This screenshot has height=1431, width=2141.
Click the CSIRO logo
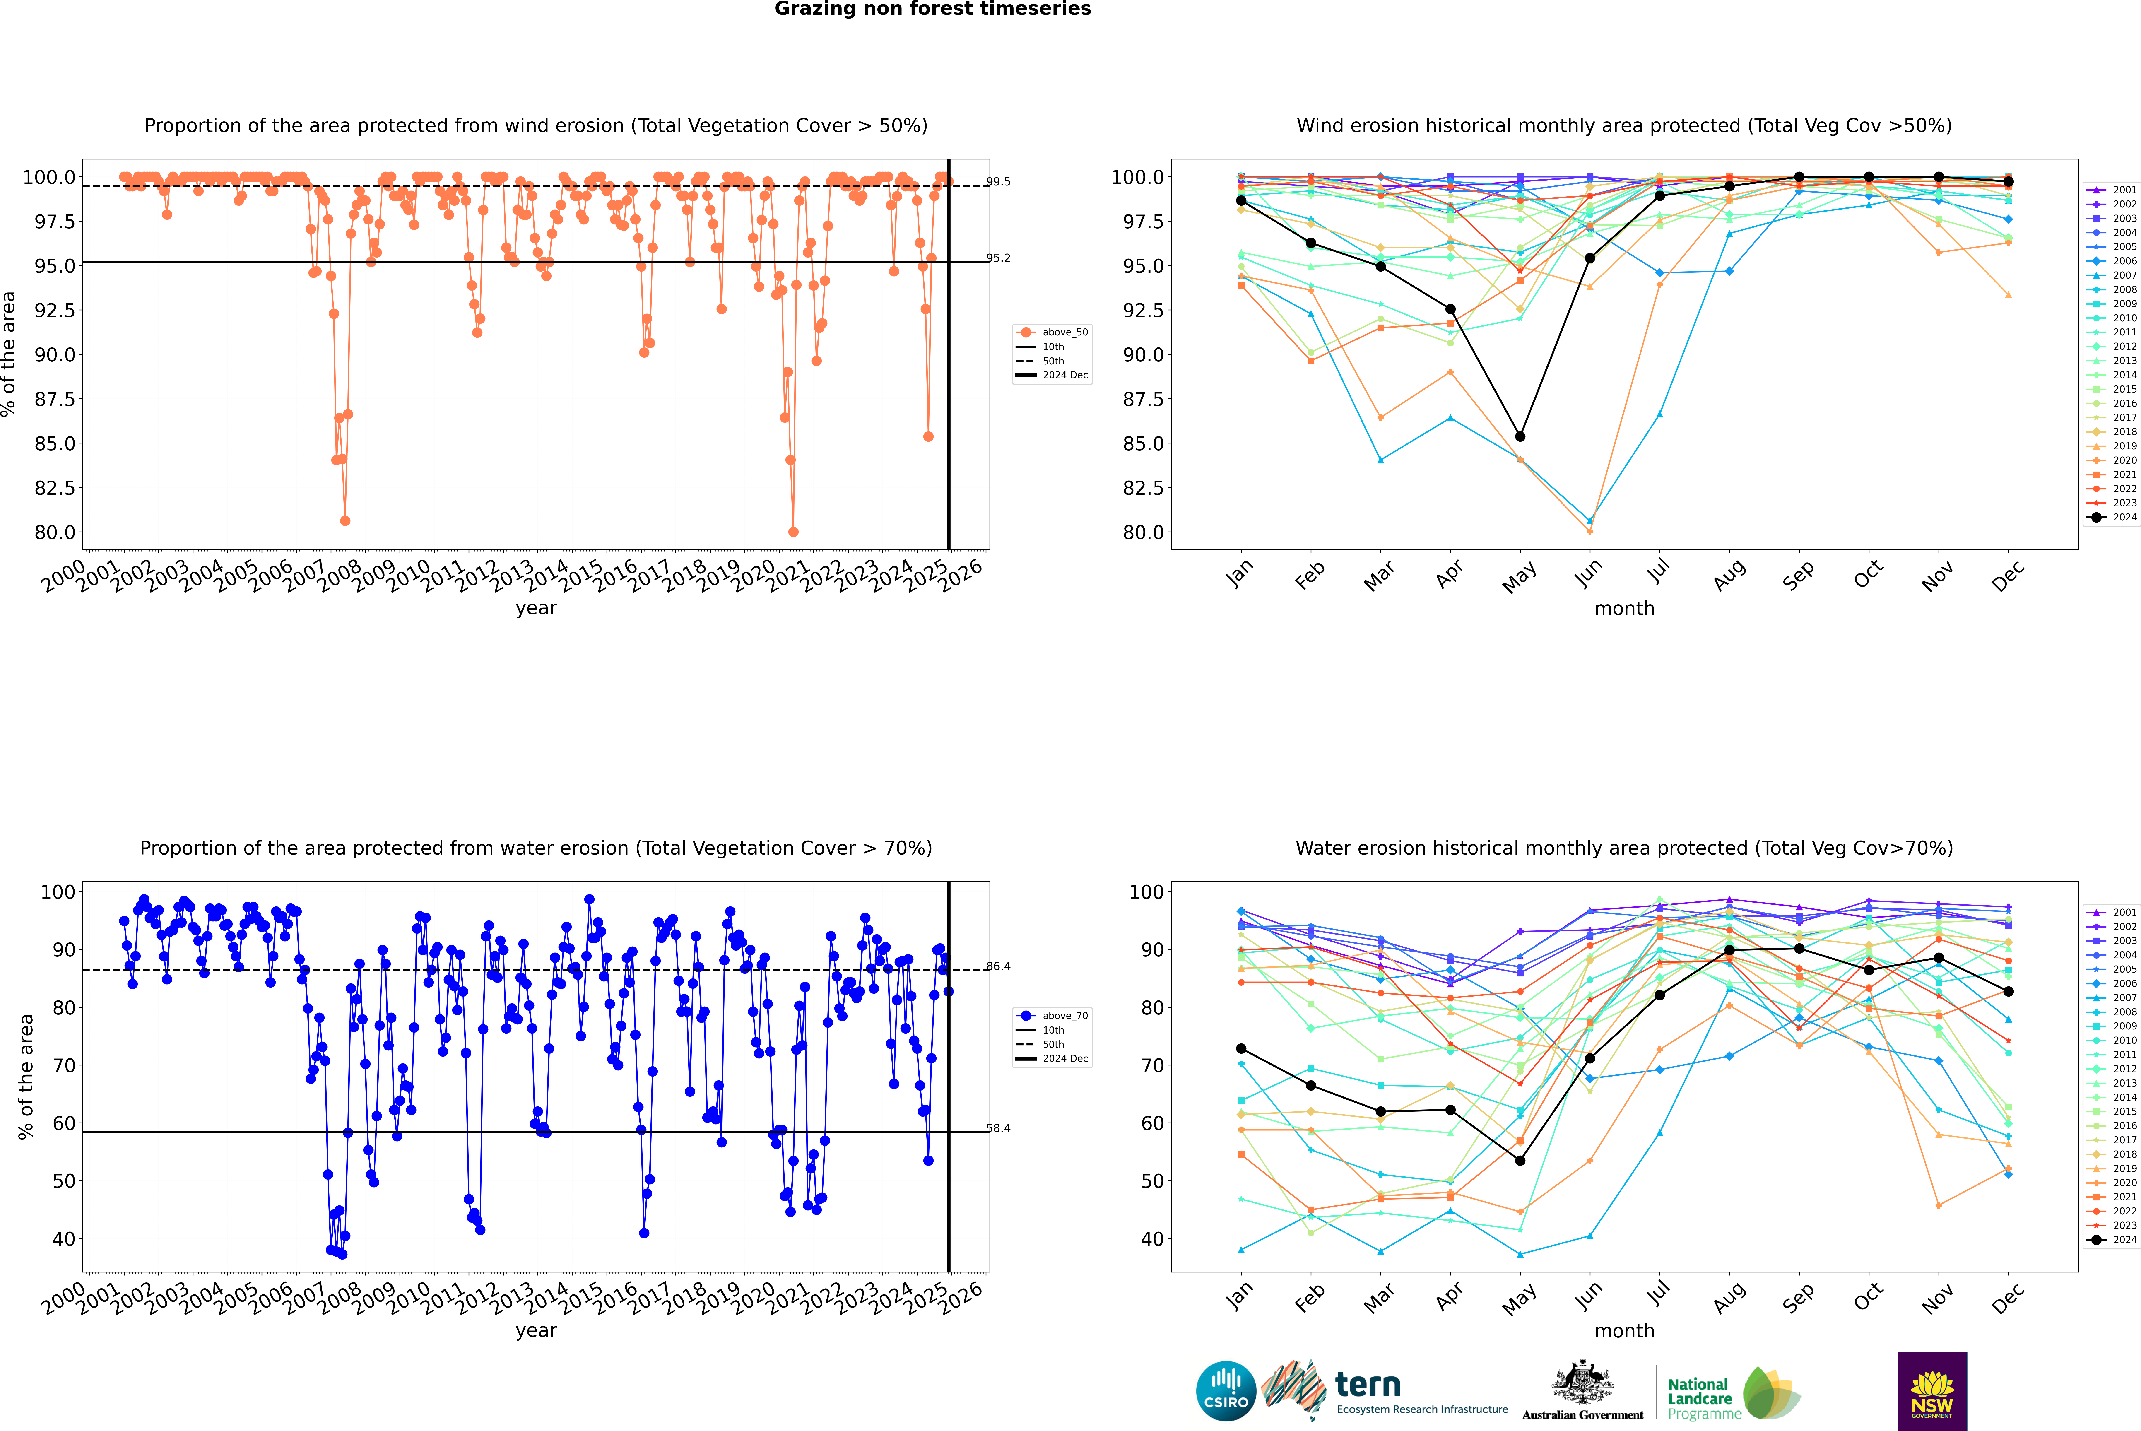pos(1226,1391)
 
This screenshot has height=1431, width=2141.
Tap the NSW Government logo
pos(1932,1391)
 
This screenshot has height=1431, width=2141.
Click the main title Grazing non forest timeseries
pos(933,9)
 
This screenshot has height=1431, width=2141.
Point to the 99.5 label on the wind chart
pos(998,182)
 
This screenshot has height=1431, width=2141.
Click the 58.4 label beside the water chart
pos(998,1128)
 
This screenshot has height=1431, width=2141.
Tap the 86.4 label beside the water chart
pos(998,966)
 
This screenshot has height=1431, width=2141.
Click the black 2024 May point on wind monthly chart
pos(1520,436)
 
